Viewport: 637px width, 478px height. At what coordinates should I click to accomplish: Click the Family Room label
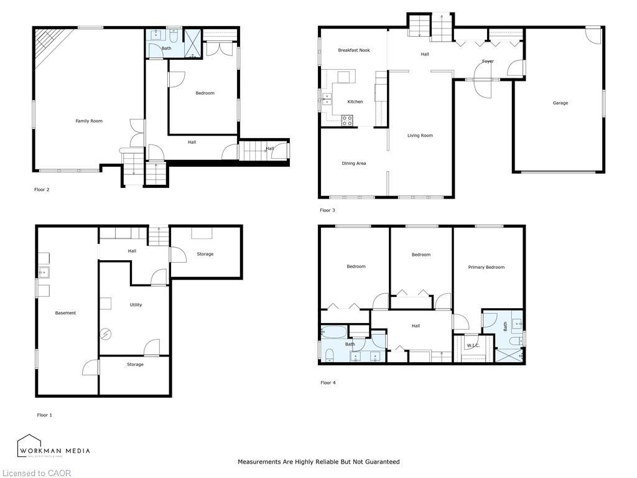pyautogui.click(x=89, y=121)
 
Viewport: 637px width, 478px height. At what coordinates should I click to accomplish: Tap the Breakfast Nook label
pyautogui.click(x=354, y=50)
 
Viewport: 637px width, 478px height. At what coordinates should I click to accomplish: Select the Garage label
pyautogui.click(x=560, y=103)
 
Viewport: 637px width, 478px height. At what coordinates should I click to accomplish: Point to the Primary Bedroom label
pyautogui.click(x=486, y=267)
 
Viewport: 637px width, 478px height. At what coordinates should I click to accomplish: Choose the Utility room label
pyautogui.click(x=136, y=305)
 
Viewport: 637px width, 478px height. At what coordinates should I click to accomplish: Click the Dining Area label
pyautogui.click(x=353, y=164)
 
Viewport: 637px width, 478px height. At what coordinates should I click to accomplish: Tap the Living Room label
pyautogui.click(x=420, y=136)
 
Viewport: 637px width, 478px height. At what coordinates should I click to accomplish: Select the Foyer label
pyautogui.click(x=488, y=62)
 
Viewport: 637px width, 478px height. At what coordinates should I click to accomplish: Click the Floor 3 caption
pyautogui.click(x=327, y=210)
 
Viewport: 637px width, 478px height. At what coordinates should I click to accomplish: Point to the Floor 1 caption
pyautogui.click(x=44, y=415)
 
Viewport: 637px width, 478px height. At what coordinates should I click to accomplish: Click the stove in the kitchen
pyautogui.click(x=346, y=120)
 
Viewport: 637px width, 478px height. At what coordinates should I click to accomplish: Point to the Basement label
pyautogui.click(x=65, y=313)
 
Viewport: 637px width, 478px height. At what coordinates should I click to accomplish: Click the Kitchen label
pyautogui.click(x=355, y=102)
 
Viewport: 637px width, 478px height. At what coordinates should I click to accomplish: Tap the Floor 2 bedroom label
pyautogui.click(x=205, y=93)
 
